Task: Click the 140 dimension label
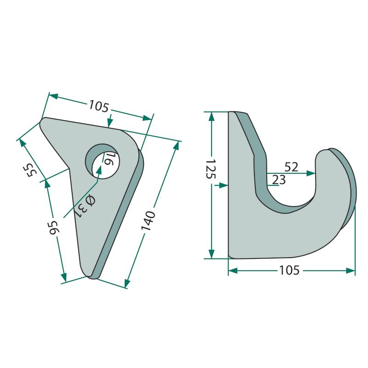coord(148,221)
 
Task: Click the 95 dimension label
coord(54,227)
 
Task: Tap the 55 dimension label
coord(30,170)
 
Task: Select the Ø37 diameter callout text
coord(85,207)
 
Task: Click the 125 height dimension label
coord(211,169)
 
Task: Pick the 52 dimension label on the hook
coord(291,167)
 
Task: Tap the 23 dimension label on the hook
coord(279,180)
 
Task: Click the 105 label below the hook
coord(289,270)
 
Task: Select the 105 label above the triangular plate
coord(99,106)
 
